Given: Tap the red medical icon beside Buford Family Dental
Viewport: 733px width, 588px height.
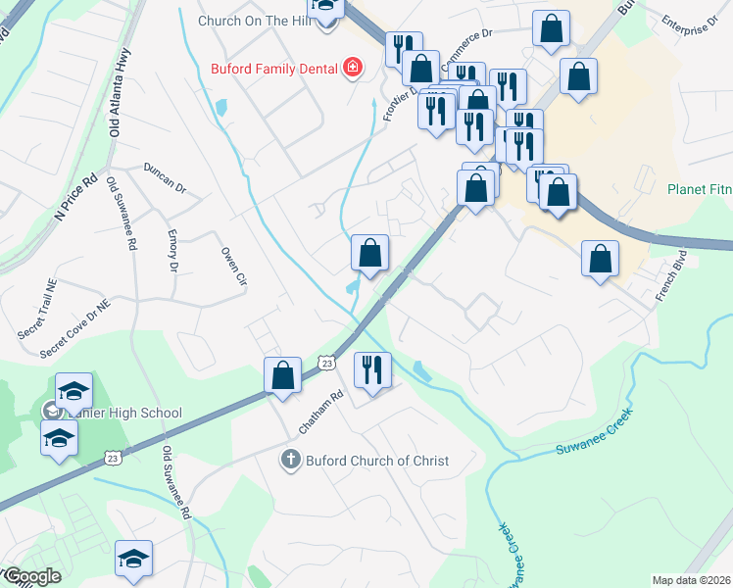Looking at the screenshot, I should click(351, 68).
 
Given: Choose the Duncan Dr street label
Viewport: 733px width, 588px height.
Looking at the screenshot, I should click(165, 176).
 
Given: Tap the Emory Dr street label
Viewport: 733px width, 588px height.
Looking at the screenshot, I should click(172, 252).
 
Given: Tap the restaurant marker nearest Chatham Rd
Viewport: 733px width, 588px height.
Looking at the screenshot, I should click(371, 370).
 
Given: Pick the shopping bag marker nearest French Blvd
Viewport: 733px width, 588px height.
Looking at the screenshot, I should click(600, 259).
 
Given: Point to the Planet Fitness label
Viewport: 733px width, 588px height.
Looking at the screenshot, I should click(700, 189).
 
